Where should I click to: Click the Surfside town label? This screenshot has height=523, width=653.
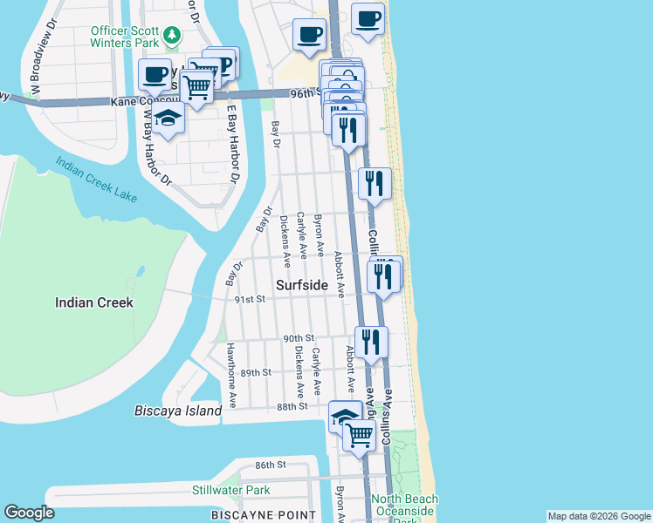pyautogui.click(x=302, y=285)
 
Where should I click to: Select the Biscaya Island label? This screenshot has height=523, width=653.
pyautogui.click(x=178, y=411)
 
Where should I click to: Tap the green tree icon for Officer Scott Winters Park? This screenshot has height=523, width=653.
pyautogui.click(x=173, y=35)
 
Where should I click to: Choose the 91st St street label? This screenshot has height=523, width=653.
pyautogui.click(x=250, y=299)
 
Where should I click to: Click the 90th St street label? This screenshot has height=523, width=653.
pyautogui.click(x=298, y=338)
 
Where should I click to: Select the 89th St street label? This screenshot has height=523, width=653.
pyautogui.click(x=257, y=372)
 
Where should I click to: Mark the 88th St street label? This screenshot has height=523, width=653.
pyautogui.click(x=292, y=406)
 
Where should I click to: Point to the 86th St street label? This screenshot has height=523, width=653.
pyautogui.click(x=271, y=465)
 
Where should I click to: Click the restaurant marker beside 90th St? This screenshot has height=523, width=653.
pyautogui.click(x=371, y=342)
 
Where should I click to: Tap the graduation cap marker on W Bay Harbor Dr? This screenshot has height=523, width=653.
pyautogui.click(x=168, y=119)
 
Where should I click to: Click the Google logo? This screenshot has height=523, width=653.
pyautogui.click(x=30, y=513)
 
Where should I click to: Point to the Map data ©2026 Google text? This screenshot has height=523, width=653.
pyautogui.click(x=598, y=516)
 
